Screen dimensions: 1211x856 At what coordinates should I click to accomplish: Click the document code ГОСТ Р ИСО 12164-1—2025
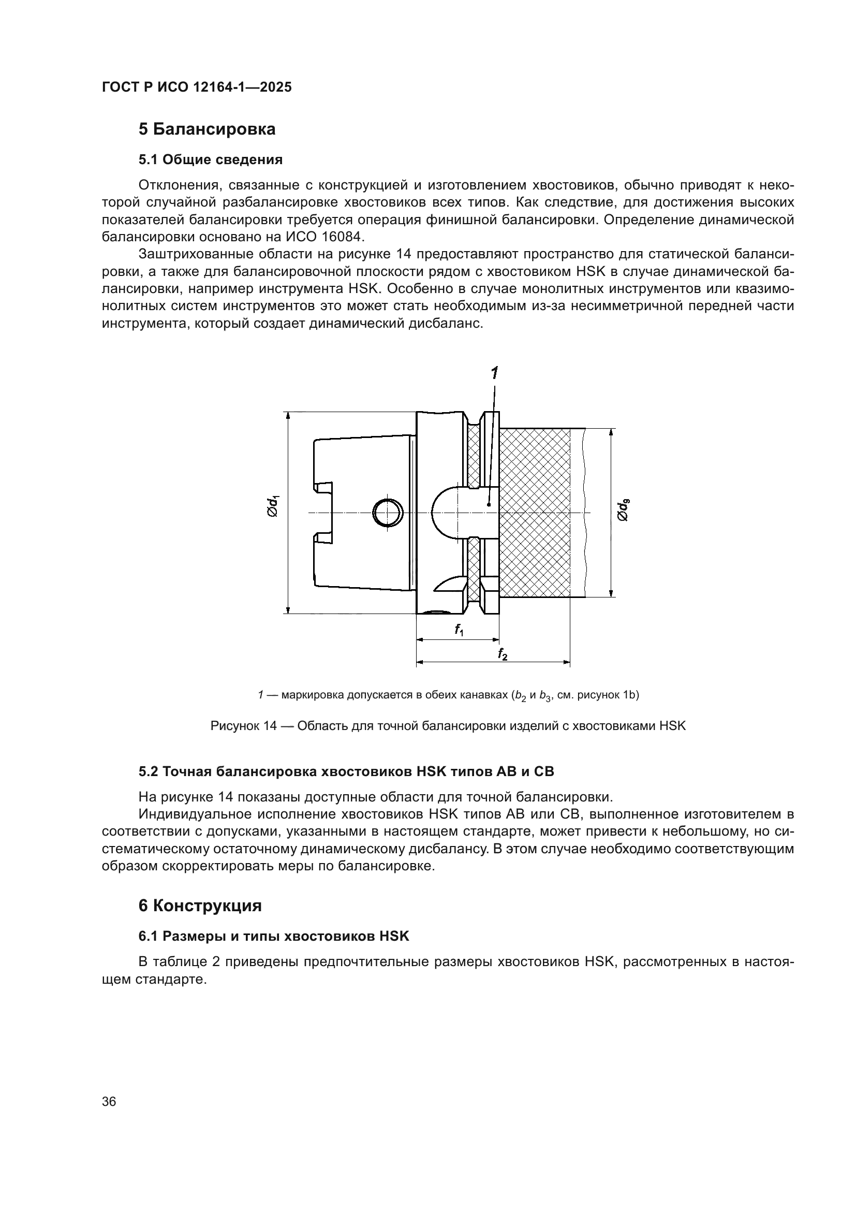(x=197, y=87)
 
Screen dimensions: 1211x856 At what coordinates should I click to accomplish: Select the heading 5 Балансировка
(x=206, y=129)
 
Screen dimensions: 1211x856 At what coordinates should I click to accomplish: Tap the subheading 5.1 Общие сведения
(x=210, y=159)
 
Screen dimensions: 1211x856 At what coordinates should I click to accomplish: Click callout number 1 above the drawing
(x=494, y=373)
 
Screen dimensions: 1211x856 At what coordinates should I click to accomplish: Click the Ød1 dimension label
(x=273, y=506)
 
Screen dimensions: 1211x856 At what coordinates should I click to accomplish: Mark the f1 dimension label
(x=459, y=630)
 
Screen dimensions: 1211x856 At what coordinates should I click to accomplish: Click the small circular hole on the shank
(x=388, y=513)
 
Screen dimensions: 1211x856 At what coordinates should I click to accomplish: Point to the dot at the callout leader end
(x=489, y=505)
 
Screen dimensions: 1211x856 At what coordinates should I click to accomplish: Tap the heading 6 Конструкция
(x=200, y=906)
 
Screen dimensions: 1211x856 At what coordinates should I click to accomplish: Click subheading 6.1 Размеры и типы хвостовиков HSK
(x=274, y=936)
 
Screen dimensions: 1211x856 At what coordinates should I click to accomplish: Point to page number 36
(x=109, y=1101)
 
